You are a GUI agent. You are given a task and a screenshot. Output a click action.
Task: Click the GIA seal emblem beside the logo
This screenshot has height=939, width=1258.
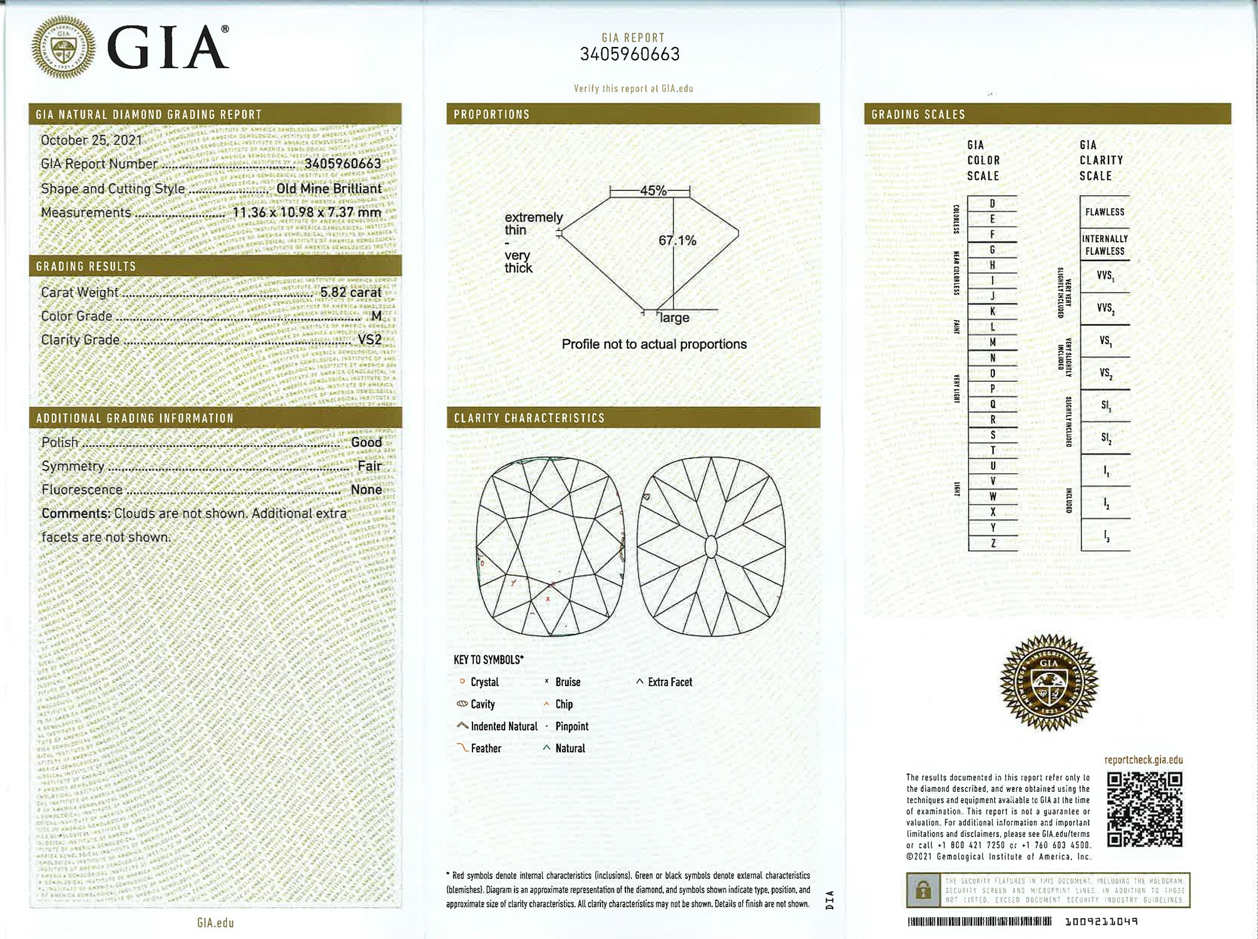64,48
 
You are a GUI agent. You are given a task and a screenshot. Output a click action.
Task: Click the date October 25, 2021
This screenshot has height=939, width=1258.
91,140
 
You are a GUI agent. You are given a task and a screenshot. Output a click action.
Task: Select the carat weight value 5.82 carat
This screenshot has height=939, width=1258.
350,292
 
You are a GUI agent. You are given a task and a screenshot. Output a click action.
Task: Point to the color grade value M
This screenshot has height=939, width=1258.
376,316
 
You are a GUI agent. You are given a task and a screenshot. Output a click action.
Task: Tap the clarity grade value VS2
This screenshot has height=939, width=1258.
369,340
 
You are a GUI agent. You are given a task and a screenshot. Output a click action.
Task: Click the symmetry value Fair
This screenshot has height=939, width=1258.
369,466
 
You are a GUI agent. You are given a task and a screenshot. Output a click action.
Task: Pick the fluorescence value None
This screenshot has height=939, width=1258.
366,490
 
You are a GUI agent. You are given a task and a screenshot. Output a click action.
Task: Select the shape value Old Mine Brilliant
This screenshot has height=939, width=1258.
329,188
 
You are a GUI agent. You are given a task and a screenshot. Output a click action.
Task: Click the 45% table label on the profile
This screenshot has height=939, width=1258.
653,191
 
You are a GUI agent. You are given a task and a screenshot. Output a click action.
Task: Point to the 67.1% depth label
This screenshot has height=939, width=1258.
677,240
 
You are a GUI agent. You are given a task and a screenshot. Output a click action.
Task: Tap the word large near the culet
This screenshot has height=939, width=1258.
674,318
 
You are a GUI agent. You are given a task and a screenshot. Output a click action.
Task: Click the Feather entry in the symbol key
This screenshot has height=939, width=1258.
486,749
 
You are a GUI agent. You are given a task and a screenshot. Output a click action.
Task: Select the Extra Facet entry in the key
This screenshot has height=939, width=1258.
670,682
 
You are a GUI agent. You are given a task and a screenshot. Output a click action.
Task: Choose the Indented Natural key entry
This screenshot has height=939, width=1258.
504,727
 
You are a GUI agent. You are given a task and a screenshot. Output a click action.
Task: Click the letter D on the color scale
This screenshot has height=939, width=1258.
992,203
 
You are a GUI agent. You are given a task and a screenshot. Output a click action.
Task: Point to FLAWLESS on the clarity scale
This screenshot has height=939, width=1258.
1105,212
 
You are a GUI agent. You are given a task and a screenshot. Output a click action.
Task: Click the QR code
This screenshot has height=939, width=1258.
1144,809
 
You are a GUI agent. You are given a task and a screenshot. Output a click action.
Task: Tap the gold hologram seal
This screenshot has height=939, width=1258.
1049,682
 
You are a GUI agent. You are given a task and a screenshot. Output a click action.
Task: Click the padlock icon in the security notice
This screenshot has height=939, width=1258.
923,890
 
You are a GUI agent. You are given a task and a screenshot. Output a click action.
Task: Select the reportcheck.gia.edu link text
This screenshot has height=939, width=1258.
1143,760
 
